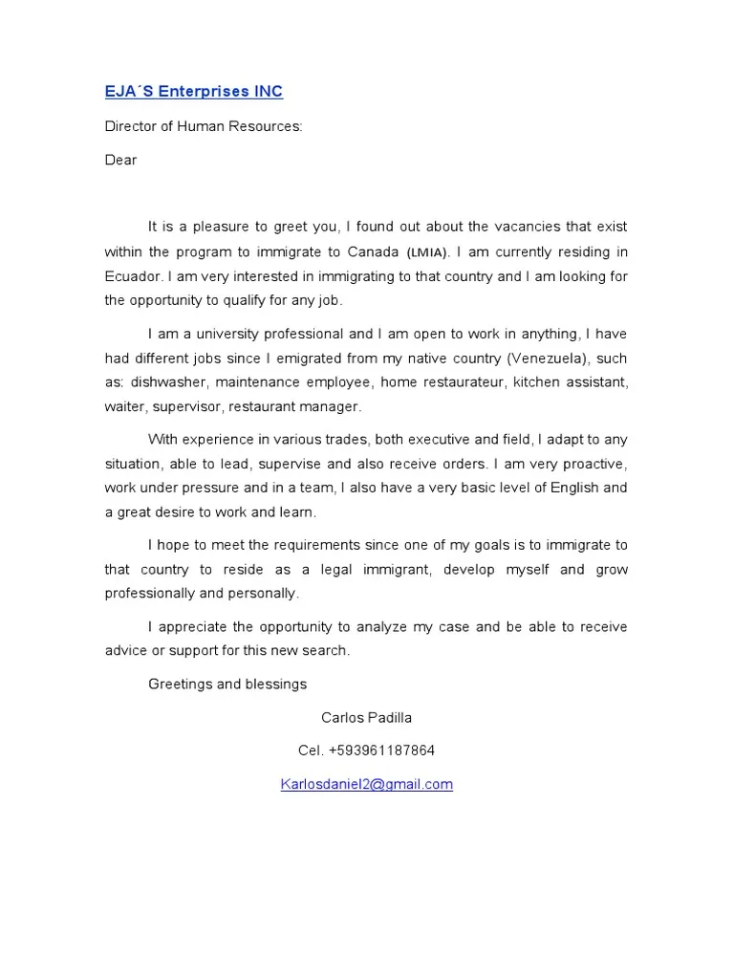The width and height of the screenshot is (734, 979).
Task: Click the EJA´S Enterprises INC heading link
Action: coord(193,92)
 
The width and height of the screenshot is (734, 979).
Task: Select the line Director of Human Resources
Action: coord(203,126)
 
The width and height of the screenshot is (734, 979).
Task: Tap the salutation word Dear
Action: coord(120,160)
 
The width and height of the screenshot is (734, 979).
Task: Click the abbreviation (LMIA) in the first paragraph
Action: coord(427,252)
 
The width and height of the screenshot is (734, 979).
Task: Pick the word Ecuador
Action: coord(133,276)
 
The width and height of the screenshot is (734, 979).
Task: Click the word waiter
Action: coord(125,406)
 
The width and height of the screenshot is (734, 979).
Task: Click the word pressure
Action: coord(200,488)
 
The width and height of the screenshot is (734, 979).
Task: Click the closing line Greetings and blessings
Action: coord(227,684)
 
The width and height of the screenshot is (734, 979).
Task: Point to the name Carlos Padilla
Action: coord(366,717)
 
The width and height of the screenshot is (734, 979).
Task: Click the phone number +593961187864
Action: coord(380,751)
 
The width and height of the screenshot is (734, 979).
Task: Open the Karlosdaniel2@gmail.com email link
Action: coord(366,784)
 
